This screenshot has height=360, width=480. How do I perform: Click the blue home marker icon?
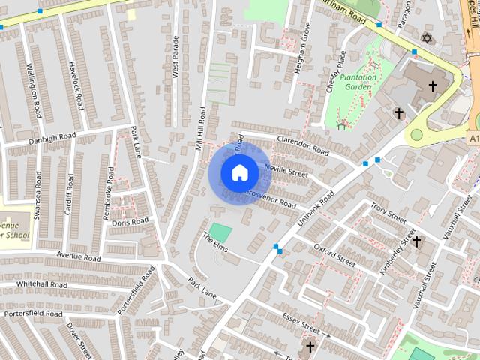[x=239, y=173]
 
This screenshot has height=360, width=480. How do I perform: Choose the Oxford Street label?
[x=334, y=253]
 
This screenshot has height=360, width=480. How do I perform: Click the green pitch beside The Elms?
[x=220, y=232]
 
